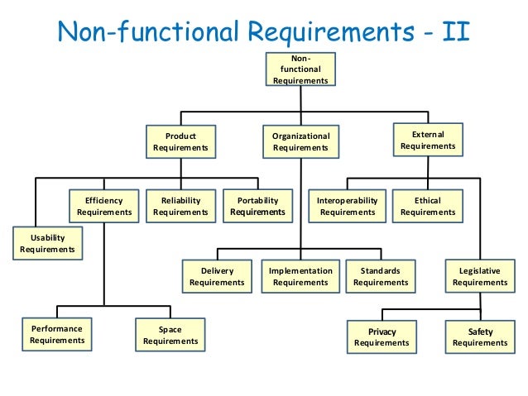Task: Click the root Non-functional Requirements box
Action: pos(300,69)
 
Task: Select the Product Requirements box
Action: pos(180,141)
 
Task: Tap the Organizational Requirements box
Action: pos(300,141)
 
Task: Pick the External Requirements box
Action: pos(428,140)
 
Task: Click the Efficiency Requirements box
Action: pos(104,206)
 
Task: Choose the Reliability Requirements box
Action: pos(180,206)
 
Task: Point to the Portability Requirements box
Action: pos(257,206)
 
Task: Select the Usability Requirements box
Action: pos(47,243)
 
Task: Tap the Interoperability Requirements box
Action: pos(348,206)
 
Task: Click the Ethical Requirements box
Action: pos(428,206)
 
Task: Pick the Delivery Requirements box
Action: pos(217,276)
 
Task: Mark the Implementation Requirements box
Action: pos(300,276)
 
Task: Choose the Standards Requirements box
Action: pos(381,276)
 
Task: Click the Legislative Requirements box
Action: pos(480,276)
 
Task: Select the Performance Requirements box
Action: pos(57,334)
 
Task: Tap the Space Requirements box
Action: pos(170,335)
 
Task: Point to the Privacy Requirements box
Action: pos(382,337)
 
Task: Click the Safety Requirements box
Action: pos(480,337)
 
